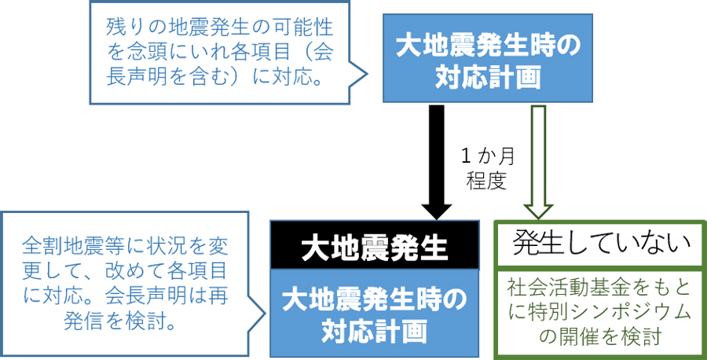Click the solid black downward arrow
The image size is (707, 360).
coord(436,163)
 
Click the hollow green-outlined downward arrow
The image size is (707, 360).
coord(539,163)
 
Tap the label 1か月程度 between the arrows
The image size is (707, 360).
coord(486,169)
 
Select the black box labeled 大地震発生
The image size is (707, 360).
coord(375,245)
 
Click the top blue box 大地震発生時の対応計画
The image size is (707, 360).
coord(487,58)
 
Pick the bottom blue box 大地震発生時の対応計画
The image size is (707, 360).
coord(375,313)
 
